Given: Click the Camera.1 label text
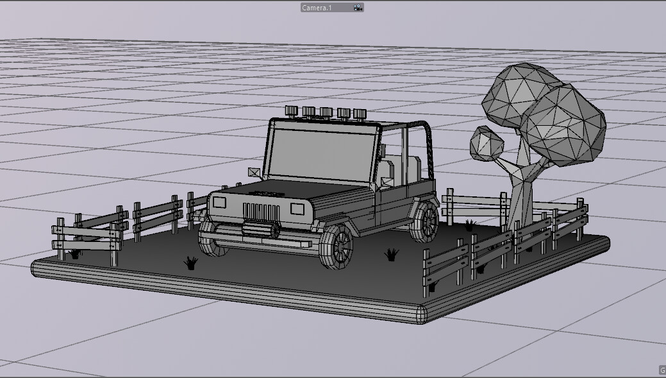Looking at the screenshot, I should tap(317, 8).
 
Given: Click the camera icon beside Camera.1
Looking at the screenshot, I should tap(358, 8).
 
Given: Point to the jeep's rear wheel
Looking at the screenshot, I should tap(425, 221).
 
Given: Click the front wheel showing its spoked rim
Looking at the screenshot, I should tap(338, 246).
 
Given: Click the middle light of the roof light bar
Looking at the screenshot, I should tap(326, 112).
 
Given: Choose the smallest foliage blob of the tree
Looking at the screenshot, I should tap(488, 143).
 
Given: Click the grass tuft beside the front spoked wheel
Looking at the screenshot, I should tap(391, 255).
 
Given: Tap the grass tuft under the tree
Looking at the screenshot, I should tap(469, 225).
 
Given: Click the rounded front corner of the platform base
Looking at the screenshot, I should tap(420, 314).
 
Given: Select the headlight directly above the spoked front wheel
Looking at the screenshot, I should tap(297, 208).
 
